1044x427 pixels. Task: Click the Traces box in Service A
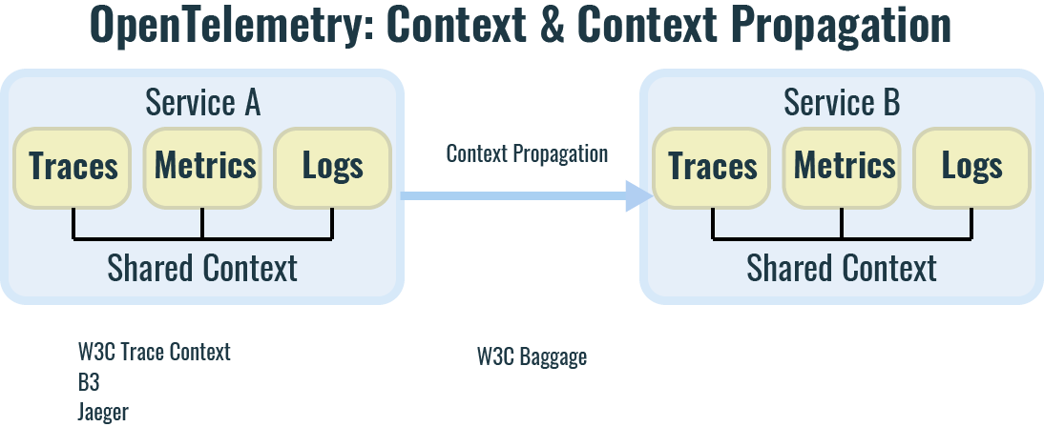click(73, 168)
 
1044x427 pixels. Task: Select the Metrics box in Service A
click(204, 168)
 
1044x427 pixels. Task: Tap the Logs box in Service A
click(332, 168)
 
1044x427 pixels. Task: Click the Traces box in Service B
click(713, 168)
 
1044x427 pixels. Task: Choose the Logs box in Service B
click(971, 168)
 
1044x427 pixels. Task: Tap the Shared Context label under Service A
click(202, 268)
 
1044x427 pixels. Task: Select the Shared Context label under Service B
click(842, 268)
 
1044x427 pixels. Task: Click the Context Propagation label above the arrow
click(527, 153)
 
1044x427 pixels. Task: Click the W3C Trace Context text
click(155, 352)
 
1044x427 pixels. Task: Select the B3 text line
click(89, 382)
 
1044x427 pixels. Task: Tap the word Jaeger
click(103, 413)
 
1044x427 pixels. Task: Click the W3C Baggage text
click(532, 357)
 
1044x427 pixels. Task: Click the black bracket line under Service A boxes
click(202, 236)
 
